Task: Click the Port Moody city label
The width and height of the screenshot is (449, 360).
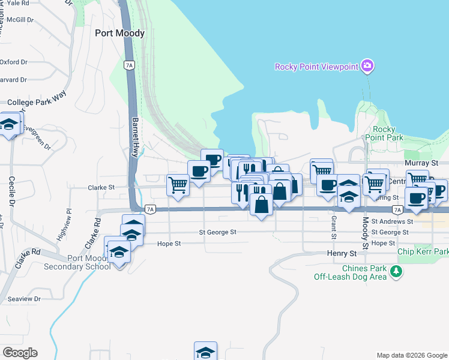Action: [x=120, y=34]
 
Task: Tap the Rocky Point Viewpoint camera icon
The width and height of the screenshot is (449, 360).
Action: [x=367, y=65]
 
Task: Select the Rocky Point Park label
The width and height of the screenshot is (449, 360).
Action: [x=388, y=133]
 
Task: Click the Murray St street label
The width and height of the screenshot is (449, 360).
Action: [x=422, y=163]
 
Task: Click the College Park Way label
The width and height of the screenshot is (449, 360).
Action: [x=37, y=102]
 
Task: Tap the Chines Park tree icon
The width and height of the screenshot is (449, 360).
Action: [x=396, y=272]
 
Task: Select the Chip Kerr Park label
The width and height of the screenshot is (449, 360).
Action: [x=423, y=252]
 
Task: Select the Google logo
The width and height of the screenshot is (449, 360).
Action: [x=20, y=353]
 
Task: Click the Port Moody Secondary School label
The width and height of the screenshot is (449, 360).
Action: [x=81, y=262]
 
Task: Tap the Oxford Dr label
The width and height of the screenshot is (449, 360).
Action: [x=14, y=62]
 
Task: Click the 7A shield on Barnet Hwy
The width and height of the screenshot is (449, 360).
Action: [x=128, y=65]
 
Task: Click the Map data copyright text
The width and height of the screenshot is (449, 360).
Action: [x=411, y=355]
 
